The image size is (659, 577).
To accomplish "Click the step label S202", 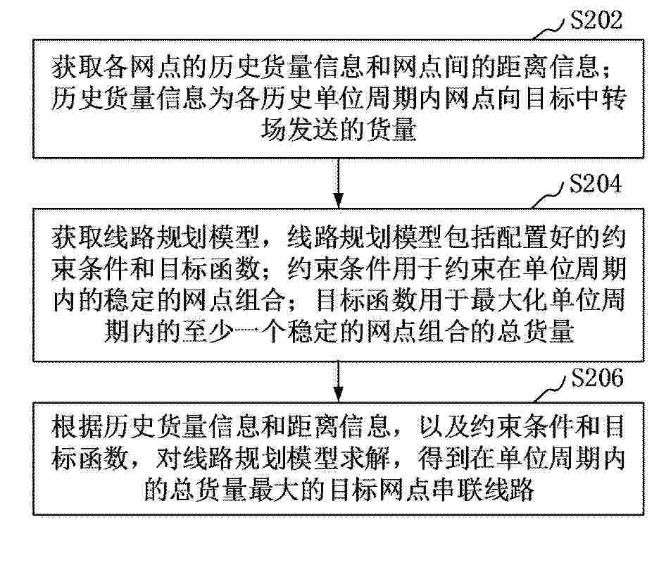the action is click(596, 20).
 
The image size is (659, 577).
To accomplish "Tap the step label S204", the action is click(595, 184).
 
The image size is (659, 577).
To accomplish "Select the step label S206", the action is click(597, 378).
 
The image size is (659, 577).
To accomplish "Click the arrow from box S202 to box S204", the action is click(339, 183).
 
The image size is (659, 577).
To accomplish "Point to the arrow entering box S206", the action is click(339, 382).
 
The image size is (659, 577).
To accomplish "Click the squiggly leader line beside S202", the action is click(548, 30).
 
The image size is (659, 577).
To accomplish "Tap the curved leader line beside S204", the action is click(548, 194).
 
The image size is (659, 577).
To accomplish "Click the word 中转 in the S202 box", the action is click(602, 99).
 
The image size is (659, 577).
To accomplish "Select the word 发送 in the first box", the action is click(313, 130).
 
